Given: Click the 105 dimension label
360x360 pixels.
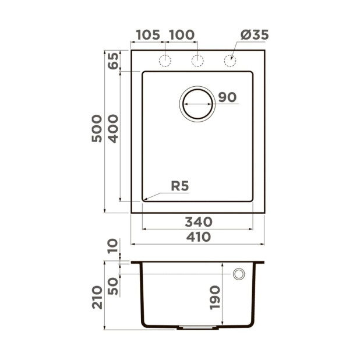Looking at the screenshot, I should (x=147, y=35).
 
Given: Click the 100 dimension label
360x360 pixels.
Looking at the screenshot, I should (x=182, y=35).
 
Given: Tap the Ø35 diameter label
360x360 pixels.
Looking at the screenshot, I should (x=254, y=35).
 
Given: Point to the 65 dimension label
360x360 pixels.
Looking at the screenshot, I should (x=113, y=60).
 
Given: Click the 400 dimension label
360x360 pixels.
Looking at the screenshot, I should (x=113, y=129).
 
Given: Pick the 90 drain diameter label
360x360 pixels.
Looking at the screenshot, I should (x=227, y=97).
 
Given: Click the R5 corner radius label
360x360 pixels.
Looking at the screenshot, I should (x=180, y=186).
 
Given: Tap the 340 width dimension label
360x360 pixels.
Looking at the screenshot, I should (x=198, y=222).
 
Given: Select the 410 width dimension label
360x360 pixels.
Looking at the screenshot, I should (x=198, y=237).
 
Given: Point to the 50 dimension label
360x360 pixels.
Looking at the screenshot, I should (x=113, y=285).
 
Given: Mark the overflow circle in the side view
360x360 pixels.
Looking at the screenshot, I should (x=239, y=274).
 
